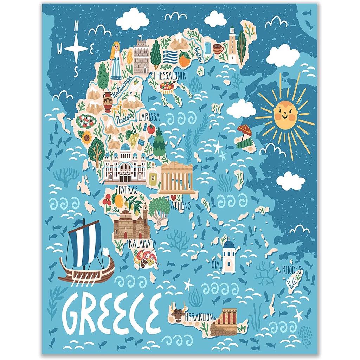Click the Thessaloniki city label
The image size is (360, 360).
click(170, 75)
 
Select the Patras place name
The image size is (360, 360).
click(128, 189)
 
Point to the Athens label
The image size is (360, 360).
click(181, 206)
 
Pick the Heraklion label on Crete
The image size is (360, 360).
click(199, 316)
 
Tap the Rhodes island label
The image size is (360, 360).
click(292, 270)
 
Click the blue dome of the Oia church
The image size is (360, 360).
click(229, 244)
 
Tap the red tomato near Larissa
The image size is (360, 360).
click(151, 129)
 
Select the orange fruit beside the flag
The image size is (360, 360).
click(185, 59)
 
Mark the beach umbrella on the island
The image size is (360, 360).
click(244, 130)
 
